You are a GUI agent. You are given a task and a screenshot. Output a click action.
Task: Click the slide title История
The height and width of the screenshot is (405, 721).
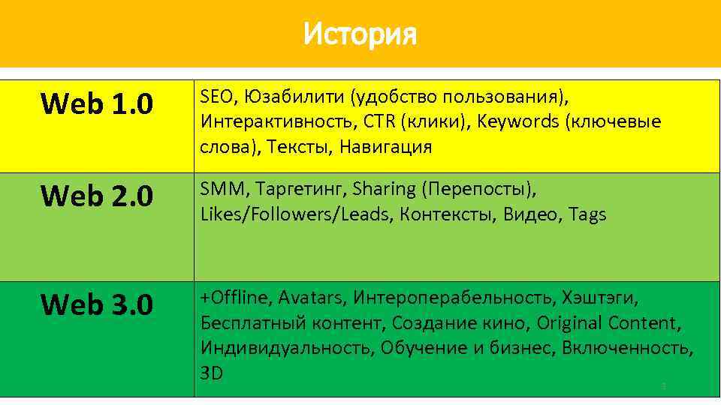point(360,34)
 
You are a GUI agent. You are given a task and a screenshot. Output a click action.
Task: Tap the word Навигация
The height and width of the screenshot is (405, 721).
point(385,146)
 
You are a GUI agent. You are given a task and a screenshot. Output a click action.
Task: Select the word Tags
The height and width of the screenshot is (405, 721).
point(587,214)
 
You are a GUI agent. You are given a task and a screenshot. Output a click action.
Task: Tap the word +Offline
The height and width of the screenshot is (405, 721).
point(234,298)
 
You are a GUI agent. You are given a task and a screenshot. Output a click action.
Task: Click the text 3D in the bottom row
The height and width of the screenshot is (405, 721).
point(212,373)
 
